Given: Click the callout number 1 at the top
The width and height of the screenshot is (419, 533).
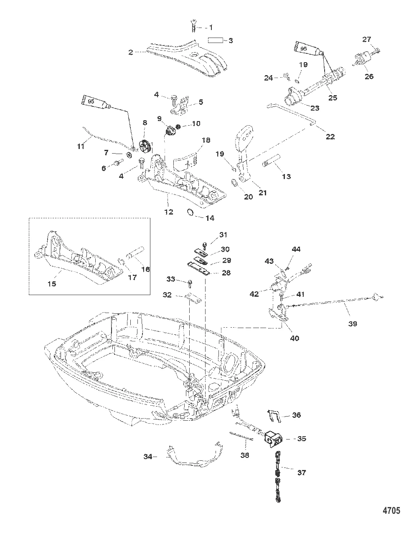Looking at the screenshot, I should click(211, 28).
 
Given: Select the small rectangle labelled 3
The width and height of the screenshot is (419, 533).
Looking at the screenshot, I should click(216, 40).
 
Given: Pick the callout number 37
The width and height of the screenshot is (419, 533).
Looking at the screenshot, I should click(301, 472).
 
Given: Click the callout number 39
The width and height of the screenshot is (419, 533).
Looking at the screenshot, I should click(353, 323).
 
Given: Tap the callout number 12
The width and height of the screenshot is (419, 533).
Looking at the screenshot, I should click(168, 212).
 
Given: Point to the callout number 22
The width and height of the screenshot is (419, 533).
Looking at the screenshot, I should click(330, 136).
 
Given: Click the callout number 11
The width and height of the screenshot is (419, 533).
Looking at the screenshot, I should click(81, 146).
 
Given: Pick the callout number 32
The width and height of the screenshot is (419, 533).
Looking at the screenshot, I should click(167, 295).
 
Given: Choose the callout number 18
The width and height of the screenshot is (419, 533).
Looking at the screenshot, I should click(206, 140).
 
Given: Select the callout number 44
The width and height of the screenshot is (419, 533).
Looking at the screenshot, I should click(296, 249).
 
